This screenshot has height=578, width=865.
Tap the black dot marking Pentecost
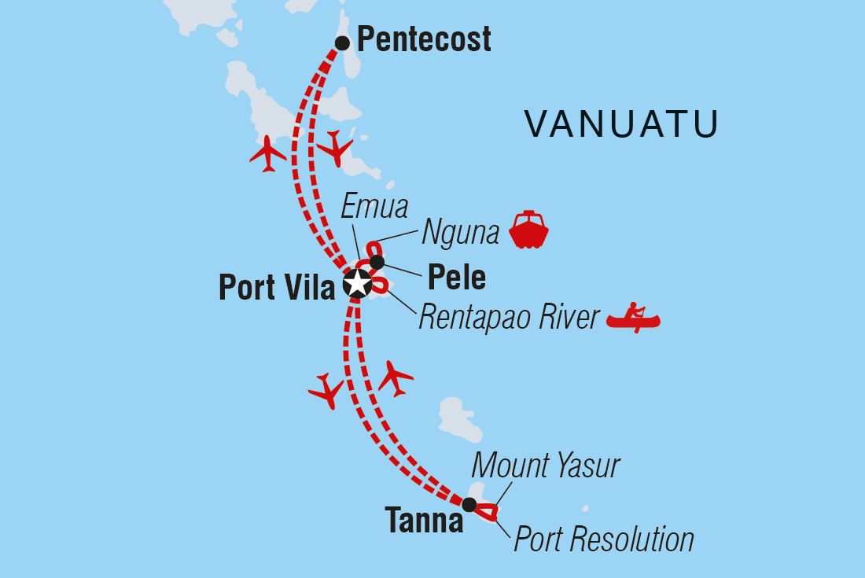pos(342,42)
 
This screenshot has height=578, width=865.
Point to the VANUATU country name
pos(621,124)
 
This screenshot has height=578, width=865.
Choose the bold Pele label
pos(456,277)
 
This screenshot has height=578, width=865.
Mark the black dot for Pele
pos(377,262)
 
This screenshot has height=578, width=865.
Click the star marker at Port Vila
pos(358,284)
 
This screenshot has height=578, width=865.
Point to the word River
pos(569,318)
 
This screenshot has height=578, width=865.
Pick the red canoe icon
pos(634,318)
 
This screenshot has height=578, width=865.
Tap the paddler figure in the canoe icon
pos(635,311)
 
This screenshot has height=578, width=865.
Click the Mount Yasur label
pos(545,466)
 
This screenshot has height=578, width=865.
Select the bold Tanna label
pos(424,521)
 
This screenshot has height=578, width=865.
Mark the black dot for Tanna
pos(469,504)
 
